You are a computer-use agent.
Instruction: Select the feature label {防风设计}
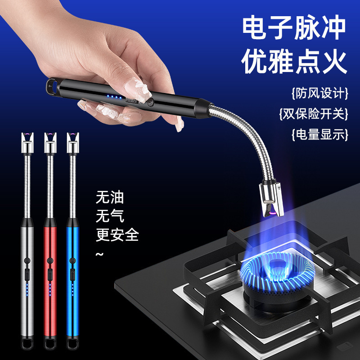[x=319, y=94]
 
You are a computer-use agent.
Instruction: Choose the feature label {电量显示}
[x=319, y=134]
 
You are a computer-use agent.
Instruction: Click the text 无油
[x=109, y=197]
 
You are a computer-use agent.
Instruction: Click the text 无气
[x=109, y=216]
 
